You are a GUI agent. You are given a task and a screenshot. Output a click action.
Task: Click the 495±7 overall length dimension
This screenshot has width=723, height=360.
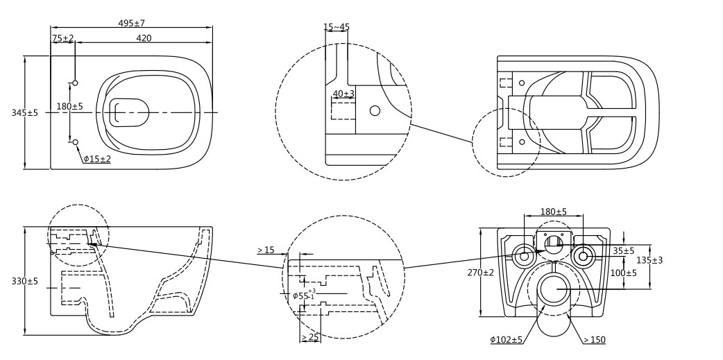pos(131,23)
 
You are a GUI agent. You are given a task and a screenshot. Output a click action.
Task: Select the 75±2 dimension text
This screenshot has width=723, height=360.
pos(62,38)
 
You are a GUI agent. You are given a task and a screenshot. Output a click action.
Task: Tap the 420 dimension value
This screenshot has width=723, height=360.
pos(144,38)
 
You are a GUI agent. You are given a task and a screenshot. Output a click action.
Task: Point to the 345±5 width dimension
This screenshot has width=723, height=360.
pos(25,112)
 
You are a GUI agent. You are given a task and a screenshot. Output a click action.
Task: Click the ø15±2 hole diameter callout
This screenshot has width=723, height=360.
pos(97,159)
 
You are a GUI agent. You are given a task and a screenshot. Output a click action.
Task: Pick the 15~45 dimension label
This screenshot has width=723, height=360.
pos(337,27)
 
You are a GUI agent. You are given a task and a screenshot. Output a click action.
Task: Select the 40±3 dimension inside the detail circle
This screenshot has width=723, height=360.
pos(343,94)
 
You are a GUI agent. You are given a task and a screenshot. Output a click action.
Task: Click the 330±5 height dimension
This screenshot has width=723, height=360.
pos(25,281)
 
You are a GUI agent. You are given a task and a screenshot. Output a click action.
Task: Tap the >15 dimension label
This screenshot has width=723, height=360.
pos(266,250)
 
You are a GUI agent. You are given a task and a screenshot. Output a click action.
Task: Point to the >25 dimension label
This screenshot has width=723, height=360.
pos(310,337)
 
